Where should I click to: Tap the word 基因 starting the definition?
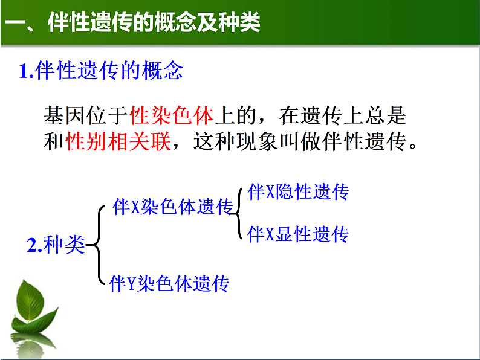click(63, 115)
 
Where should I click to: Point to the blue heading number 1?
click(26, 72)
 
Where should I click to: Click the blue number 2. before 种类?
click(35, 245)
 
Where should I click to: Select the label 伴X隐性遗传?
click(298, 193)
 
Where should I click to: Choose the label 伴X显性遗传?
click(298, 234)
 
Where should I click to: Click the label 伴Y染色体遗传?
click(169, 283)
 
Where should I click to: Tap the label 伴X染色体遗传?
click(173, 207)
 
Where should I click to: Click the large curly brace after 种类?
click(97, 245)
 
